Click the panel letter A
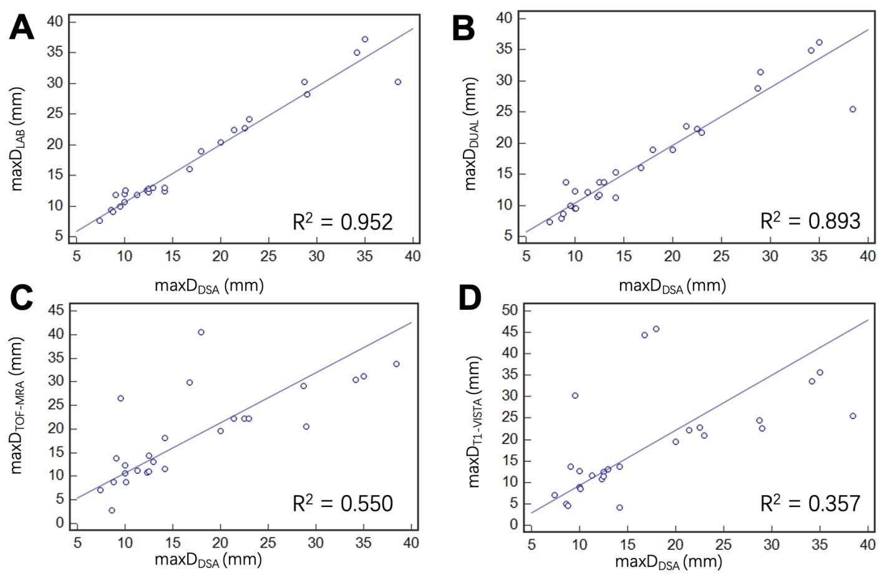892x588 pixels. click(x=21, y=27)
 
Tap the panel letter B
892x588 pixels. click(x=463, y=29)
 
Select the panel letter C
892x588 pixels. click(x=21, y=297)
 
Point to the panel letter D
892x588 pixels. click(x=469, y=297)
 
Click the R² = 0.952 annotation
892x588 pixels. click(x=342, y=221)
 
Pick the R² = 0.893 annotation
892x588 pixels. click(x=810, y=221)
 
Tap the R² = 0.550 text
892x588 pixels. click(x=342, y=503)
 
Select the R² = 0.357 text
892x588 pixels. click(x=810, y=503)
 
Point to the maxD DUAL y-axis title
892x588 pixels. click(x=471, y=134)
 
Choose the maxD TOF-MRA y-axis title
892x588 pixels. click(x=17, y=405)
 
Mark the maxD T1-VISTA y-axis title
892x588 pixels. click(x=475, y=422)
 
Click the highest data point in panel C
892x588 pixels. click(x=201, y=332)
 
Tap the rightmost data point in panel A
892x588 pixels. click(x=397, y=82)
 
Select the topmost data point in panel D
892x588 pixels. click(x=656, y=329)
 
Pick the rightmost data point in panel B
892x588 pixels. click(x=853, y=109)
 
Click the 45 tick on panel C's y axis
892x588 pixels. click(x=56, y=311)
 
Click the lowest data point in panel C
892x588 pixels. click(x=112, y=510)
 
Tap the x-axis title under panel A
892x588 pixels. click(x=209, y=286)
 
